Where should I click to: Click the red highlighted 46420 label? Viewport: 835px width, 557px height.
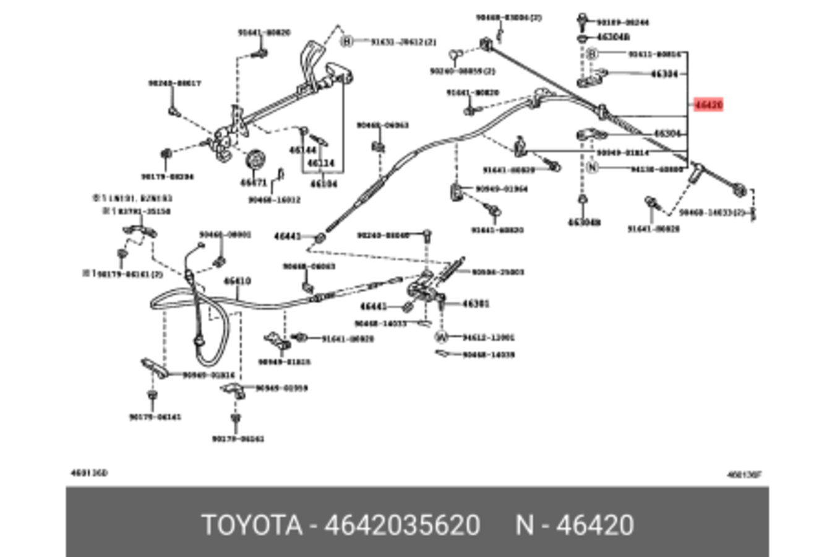708,105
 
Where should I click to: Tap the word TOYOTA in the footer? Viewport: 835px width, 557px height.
252,525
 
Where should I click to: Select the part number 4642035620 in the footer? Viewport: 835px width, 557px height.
402,525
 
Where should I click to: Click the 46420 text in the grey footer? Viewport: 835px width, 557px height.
594,525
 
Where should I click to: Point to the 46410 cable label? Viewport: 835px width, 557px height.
237,281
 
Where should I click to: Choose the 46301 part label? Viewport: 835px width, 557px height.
476,304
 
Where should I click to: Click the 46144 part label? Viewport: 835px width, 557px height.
303,150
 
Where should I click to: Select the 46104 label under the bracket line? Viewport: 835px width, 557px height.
323,184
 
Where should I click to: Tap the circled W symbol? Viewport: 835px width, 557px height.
441,337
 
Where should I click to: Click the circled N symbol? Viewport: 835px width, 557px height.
592,167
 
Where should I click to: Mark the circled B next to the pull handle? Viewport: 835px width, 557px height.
347,41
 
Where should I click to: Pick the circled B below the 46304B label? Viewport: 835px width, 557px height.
592,54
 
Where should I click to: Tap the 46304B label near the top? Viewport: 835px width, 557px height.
614,37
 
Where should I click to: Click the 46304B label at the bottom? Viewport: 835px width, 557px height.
584,222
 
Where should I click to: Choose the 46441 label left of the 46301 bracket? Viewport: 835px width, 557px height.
374,306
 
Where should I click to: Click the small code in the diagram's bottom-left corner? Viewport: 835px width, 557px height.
89,473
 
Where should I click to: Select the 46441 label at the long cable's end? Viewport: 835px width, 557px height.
287,236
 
